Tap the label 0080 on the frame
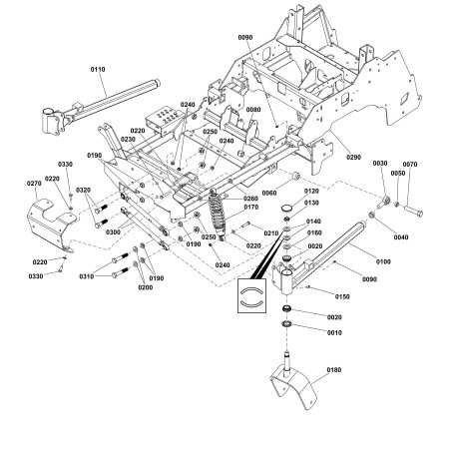click(x=254, y=110)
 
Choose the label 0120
click(x=310, y=190)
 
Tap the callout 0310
click(x=87, y=276)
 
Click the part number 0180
click(x=332, y=371)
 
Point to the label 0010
click(x=333, y=332)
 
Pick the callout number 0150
click(x=342, y=296)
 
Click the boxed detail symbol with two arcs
click(x=252, y=296)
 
